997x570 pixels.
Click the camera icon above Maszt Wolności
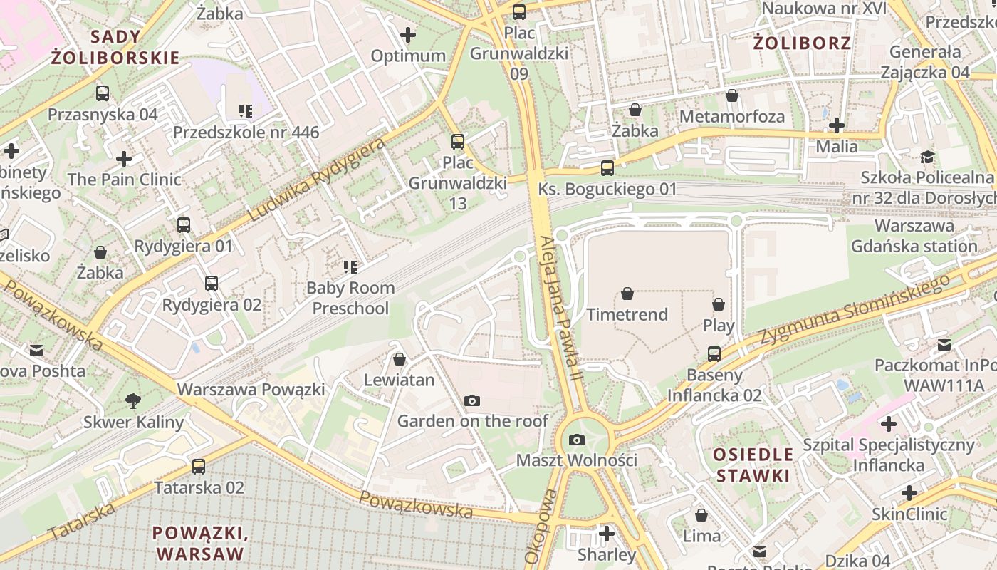point(577,440)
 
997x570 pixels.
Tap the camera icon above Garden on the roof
point(471,401)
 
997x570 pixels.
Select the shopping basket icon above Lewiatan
point(400,359)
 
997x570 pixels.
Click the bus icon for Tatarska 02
point(199,467)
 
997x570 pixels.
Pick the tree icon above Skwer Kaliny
point(132,401)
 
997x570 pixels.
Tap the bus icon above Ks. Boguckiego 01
point(607,168)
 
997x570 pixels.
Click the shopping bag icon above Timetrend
point(627,294)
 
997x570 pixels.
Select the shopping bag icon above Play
point(719,305)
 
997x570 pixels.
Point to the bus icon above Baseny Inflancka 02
point(714,353)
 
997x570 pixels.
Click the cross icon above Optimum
point(408,34)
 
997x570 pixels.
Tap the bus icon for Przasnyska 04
point(103,93)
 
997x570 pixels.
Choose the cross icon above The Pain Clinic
point(124,158)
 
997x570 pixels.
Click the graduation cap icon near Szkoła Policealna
point(927,157)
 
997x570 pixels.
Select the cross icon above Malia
point(837,126)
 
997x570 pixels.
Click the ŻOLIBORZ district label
point(802,43)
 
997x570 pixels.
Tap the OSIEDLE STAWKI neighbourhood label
point(754,465)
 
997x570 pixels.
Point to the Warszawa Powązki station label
point(251,390)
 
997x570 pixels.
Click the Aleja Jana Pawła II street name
point(559,311)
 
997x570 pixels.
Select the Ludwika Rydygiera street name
point(317,179)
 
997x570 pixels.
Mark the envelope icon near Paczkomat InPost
point(944,345)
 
